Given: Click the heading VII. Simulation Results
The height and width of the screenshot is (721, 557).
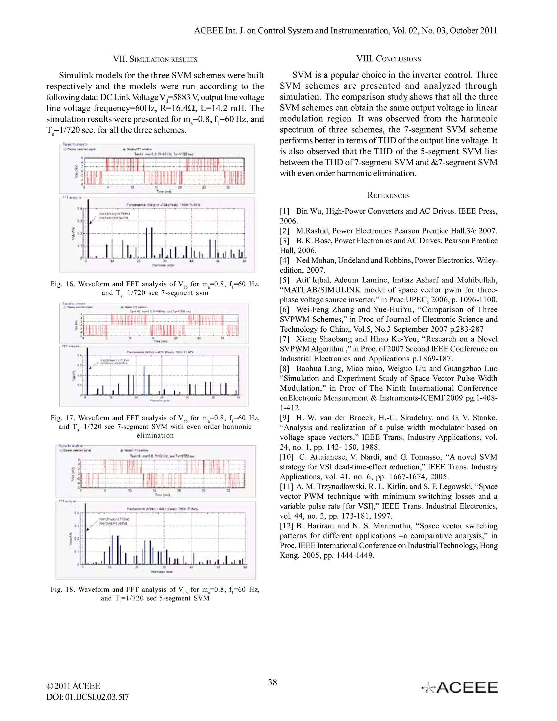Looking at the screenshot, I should pos(155,59).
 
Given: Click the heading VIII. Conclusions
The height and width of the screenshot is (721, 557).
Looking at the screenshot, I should pos(388,59).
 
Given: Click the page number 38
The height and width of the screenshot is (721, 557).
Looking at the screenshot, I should pos(272,682).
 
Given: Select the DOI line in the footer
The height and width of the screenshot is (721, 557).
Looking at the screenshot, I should pos(88,697).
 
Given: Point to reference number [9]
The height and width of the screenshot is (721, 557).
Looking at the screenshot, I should pos(285,418).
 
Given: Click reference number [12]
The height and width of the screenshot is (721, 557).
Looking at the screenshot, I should pos(286,526).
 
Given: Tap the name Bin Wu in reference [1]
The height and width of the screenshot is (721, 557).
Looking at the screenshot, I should pos(309,211).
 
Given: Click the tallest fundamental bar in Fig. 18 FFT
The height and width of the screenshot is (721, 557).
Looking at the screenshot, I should pos(85,535).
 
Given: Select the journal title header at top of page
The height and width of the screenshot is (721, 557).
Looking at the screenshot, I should pos(345,31).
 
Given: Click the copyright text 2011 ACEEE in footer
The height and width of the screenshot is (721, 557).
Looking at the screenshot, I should pos(73,686).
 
